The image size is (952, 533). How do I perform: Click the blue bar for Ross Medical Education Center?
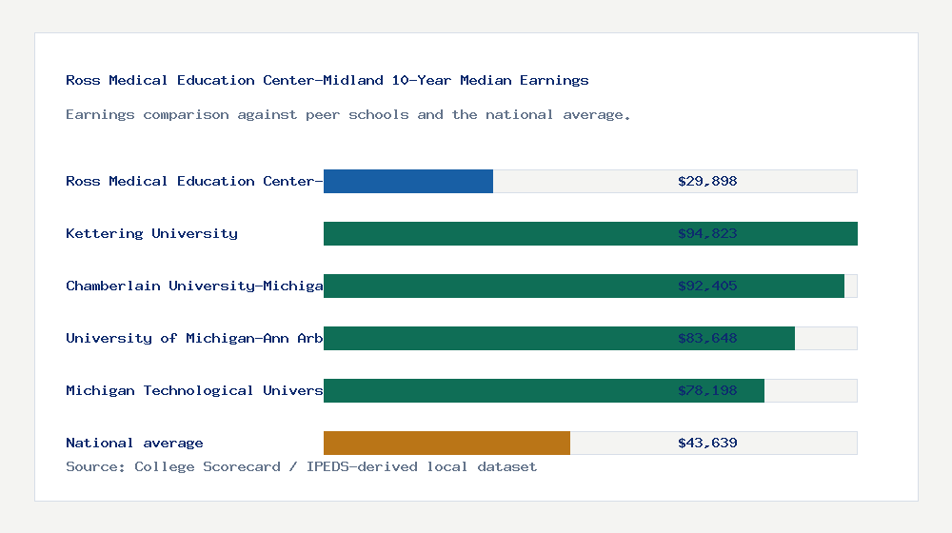point(408,181)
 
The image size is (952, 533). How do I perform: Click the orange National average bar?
point(446,443)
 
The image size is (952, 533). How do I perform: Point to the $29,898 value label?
point(707,181)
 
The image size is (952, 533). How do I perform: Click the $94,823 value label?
point(707,233)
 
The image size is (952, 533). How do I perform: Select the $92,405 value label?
point(707,286)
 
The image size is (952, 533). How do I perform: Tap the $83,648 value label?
point(707,338)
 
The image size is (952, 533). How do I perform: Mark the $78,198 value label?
point(707,390)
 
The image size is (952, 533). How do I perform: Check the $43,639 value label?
point(707,443)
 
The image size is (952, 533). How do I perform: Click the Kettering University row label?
point(151,233)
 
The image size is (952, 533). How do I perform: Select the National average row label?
point(134,443)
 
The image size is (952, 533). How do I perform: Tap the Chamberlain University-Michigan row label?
point(194,286)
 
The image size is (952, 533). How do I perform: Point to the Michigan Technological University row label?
point(194,390)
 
